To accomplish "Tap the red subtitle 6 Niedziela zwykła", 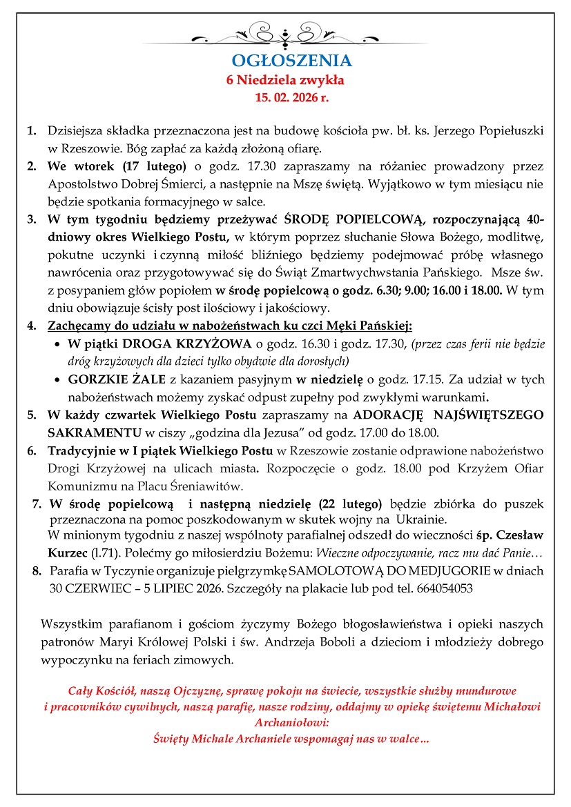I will pyautogui.click(x=285, y=80).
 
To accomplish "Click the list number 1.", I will pyautogui.click(x=32, y=130).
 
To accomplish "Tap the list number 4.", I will pyautogui.click(x=32, y=326).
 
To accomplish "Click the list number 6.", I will pyautogui.click(x=32, y=451).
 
